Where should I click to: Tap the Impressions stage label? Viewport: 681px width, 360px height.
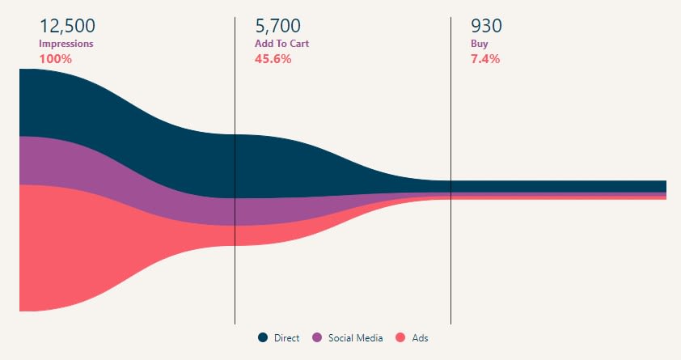[x=66, y=44]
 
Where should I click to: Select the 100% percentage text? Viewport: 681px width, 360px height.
[x=55, y=59]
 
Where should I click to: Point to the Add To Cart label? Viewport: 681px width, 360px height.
[x=281, y=44]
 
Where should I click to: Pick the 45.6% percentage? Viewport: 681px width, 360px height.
[x=273, y=59]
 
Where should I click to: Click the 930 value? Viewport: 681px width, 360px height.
[x=486, y=26]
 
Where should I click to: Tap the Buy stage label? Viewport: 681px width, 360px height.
[x=479, y=44]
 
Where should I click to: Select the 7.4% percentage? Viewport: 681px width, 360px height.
[x=485, y=59]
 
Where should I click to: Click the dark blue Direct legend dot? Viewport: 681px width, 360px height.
[x=263, y=337]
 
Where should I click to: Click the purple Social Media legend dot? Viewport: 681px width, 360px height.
[x=317, y=337]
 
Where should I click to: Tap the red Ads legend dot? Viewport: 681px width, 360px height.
[x=400, y=337]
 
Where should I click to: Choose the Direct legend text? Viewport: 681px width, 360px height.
[x=286, y=338]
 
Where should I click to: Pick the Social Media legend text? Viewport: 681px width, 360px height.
[x=355, y=338]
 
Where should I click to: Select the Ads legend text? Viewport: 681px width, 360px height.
[x=420, y=338]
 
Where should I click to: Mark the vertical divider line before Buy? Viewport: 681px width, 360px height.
[x=450, y=243]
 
